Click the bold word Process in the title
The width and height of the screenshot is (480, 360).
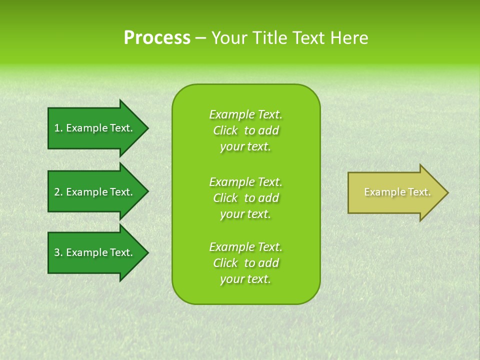click(157, 38)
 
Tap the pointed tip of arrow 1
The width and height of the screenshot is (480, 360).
click(147, 128)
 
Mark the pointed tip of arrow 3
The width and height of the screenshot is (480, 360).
click(147, 252)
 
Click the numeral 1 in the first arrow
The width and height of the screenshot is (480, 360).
click(57, 128)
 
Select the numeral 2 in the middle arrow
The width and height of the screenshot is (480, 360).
click(57, 192)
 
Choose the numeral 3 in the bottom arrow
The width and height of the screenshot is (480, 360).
click(57, 252)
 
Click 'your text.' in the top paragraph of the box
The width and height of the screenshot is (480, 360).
click(245, 147)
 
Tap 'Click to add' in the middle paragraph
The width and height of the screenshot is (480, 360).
click(245, 198)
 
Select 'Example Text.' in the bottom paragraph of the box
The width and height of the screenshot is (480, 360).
click(245, 247)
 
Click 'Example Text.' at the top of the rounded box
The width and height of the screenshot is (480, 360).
click(245, 114)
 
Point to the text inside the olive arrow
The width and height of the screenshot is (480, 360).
click(397, 192)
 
